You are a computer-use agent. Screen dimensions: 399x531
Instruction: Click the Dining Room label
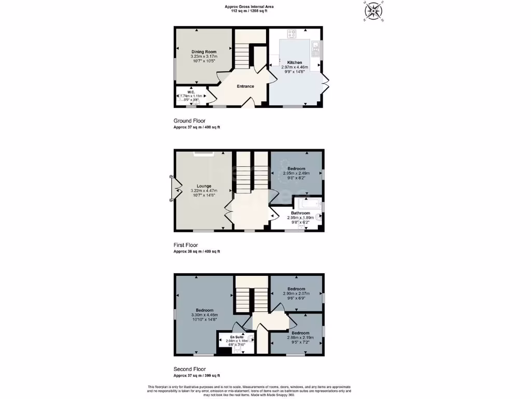coord(204,51)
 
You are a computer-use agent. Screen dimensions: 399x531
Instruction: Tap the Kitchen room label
coord(295,62)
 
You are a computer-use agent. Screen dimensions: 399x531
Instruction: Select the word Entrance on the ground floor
coord(245,86)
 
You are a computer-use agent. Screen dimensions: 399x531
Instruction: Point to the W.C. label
coord(191,91)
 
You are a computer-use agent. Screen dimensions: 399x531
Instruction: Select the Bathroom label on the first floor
coord(300,213)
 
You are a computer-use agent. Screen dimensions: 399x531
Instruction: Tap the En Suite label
coord(236,337)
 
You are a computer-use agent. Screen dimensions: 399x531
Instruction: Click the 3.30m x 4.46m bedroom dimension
coord(204,315)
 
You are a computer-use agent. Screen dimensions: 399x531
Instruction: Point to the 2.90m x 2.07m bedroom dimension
coord(296,294)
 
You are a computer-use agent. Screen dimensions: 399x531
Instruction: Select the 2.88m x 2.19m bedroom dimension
coord(300,338)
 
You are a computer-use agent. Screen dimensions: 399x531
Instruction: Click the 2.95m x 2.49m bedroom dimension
coord(296,173)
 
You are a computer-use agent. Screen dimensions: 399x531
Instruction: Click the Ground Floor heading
coord(189,121)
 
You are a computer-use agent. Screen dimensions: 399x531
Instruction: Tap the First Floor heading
coord(186,245)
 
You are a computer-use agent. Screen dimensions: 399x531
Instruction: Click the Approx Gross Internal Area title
coord(249,6)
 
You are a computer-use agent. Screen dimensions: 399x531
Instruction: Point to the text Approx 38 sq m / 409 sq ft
coord(197,251)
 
